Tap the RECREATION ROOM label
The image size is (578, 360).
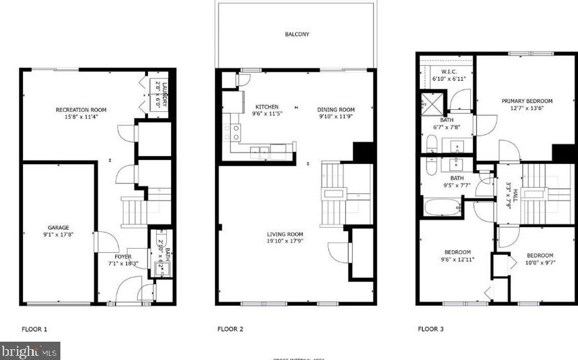pyautogui.click(x=81, y=110)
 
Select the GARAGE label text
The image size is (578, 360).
pyautogui.click(x=58, y=228)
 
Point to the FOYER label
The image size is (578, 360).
pyautogui.click(x=123, y=257)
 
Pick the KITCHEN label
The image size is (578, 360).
pyautogui.click(x=267, y=107)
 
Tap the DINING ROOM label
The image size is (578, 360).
pyautogui.click(x=336, y=109)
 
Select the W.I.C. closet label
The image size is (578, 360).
pyautogui.click(x=448, y=72)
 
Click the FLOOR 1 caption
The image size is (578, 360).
pyautogui.click(x=35, y=329)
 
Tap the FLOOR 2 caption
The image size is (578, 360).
pyautogui.click(x=231, y=329)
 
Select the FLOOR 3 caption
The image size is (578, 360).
pyautogui.click(x=430, y=329)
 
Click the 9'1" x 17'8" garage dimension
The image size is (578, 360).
pyautogui.click(x=58, y=235)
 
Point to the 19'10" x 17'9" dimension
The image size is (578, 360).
pyautogui.click(x=285, y=241)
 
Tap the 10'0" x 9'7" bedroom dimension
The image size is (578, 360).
pyautogui.click(x=540, y=262)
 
